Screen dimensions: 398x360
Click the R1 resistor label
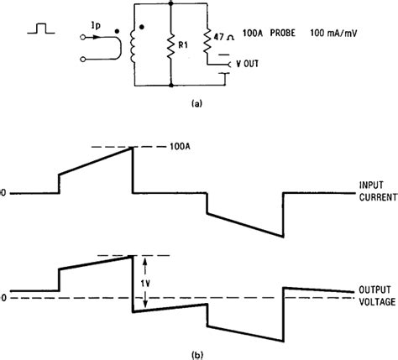click(183, 45)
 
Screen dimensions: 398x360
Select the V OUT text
click(248, 64)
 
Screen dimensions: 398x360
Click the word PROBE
click(283, 33)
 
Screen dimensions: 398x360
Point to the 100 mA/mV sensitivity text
click(333, 34)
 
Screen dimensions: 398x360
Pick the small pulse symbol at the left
click(41, 29)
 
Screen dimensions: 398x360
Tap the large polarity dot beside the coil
click(142, 27)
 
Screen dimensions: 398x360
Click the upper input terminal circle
click(83, 37)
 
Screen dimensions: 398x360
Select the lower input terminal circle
click(83, 59)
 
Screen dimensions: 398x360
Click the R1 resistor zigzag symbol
click(171, 46)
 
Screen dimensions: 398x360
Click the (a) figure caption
click(196, 104)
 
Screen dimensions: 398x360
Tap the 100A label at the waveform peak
click(180, 146)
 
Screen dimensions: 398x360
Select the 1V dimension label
click(145, 284)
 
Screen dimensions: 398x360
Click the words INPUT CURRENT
click(378, 191)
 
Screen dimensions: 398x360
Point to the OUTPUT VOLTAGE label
click(377, 296)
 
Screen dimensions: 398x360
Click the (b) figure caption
click(196, 355)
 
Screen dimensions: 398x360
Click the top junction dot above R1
click(171, 3)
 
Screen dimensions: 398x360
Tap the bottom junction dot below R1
click(171, 86)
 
